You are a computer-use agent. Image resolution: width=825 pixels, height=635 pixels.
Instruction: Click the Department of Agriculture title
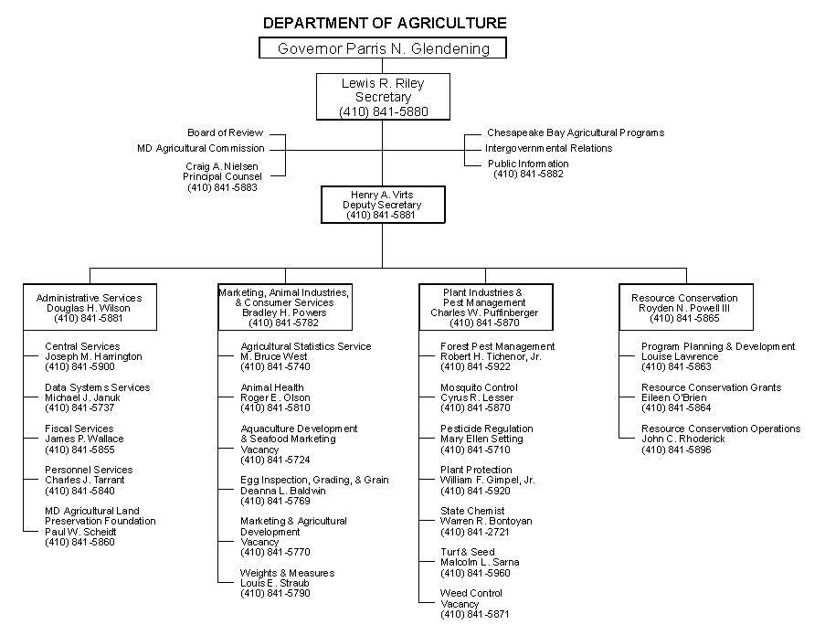tap(384, 23)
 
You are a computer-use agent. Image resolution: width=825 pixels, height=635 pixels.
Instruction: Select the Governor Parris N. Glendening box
tap(383, 48)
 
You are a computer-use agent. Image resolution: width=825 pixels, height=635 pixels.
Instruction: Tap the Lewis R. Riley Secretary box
tap(383, 97)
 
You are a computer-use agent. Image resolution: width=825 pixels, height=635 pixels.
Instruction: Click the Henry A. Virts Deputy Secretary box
tap(383, 205)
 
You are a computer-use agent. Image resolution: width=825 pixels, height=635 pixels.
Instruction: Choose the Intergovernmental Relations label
tap(548, 148)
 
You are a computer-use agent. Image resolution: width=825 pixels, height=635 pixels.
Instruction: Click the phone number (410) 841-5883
tap(223, 187)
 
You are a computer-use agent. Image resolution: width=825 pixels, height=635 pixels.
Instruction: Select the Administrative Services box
tap(90, 308)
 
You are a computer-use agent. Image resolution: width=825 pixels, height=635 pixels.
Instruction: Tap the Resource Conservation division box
tap(685, 308)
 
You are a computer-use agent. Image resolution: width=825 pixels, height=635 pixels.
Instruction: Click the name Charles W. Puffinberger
tap(484, 312)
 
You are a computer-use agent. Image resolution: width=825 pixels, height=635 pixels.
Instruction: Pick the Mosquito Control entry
tap(479, 387)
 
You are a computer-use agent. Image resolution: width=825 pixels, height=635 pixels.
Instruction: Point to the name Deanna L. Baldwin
tap(283, 491)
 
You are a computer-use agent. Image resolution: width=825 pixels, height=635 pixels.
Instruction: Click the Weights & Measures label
tap(288, 573)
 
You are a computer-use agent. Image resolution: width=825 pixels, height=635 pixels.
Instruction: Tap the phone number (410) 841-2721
tap(475, 532)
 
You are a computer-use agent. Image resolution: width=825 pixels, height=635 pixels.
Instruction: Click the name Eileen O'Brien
tap(675, 398)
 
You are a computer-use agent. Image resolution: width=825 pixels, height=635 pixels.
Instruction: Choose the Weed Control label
tap(471, 594)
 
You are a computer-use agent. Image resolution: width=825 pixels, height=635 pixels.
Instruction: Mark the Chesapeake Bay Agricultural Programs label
tap(576, 133)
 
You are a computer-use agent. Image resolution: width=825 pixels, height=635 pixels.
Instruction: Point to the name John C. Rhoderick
tap(683, 439)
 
